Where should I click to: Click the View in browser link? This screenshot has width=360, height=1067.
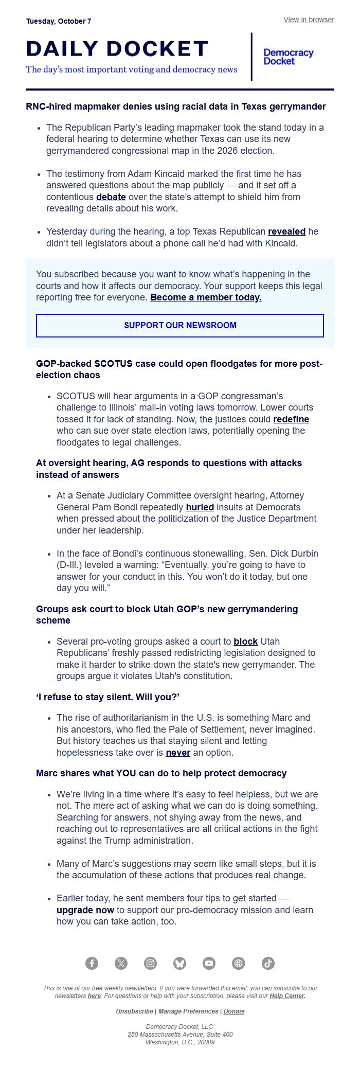309,20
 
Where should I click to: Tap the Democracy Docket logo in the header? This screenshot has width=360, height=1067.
288,57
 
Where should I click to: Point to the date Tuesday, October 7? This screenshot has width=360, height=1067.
59,21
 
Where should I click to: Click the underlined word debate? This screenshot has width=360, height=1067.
111,197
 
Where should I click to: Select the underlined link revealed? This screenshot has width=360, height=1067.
286,232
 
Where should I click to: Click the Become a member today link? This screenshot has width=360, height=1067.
206,297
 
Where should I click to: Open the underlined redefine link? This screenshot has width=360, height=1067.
291,419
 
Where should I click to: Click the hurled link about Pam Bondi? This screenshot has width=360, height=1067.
200,507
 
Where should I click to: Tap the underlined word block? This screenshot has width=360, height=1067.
245,642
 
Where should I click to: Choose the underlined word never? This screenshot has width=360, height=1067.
178,753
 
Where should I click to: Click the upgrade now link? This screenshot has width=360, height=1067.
85,910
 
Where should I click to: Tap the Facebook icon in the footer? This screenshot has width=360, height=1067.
92,963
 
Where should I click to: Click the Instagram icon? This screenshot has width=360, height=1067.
150,963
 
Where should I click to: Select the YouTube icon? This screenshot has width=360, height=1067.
209,963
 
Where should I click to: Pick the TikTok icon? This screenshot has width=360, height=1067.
268,963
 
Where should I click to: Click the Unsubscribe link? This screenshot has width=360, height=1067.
134,1011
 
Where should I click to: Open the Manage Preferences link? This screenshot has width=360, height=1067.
188,1011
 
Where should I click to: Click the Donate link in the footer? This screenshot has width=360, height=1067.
234,1011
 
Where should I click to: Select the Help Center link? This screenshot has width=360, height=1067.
287,996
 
